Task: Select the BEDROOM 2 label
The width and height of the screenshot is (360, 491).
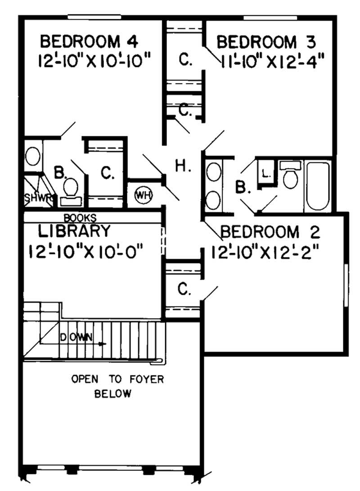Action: coord(270,232)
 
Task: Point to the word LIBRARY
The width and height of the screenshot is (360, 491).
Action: coord(74,231)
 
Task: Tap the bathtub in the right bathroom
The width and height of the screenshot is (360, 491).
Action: coord(318,187)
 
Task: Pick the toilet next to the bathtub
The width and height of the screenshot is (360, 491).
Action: coord(290,177)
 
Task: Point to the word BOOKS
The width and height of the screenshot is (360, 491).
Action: coord(80,218)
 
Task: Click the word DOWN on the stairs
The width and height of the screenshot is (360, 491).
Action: coord(76,337)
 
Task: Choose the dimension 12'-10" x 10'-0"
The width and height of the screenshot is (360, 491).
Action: coord(85,250)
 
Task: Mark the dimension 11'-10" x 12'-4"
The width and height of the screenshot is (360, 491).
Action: coord(272,59)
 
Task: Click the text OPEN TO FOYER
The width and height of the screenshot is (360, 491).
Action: coord(117,379)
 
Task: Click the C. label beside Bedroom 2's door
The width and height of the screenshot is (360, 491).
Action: coord(183,290)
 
